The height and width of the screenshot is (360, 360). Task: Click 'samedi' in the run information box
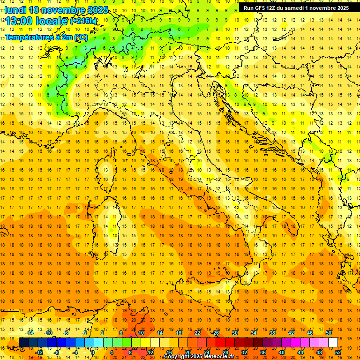point(292,8)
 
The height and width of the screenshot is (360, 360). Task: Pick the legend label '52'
point(338,352)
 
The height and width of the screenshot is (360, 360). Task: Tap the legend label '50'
point(328,333)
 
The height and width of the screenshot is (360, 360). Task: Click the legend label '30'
point(234,333)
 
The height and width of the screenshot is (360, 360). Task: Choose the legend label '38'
point(272,333)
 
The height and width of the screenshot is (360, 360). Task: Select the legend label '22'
point(197,333)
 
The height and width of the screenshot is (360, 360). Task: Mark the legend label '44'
point(300,352)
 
